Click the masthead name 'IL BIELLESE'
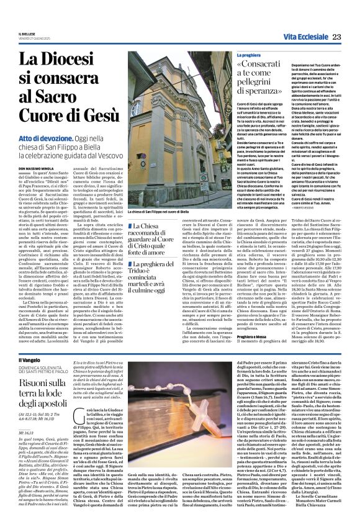[28, 34]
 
